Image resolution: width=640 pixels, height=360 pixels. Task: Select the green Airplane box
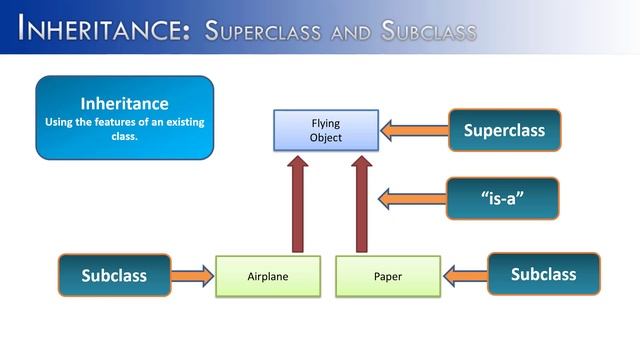(268, 276)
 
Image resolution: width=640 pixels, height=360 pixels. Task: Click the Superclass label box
(503, 130)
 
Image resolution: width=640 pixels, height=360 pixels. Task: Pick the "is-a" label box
(503, 198)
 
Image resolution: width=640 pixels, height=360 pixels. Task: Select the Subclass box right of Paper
(543, 274)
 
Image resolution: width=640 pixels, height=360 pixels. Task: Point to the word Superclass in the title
(261, 30)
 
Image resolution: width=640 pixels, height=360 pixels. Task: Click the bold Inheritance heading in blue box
(124, 103)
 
